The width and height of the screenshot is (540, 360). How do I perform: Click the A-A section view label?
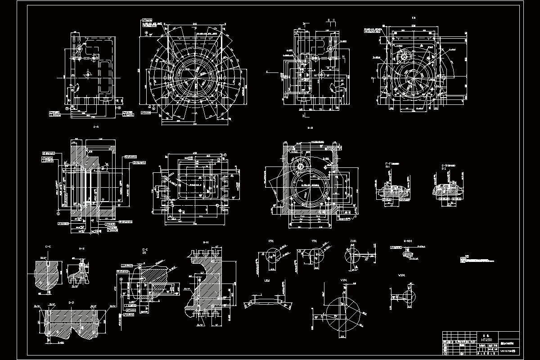pos(95,127)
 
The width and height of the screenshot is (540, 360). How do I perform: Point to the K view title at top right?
pos(414,18)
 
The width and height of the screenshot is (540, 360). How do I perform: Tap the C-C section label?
pos(48,247)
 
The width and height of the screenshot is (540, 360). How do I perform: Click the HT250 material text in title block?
pos(486,340)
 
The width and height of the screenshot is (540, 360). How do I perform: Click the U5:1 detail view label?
pos(267,280)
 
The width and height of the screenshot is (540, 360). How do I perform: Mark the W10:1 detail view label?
pos(402,274)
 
